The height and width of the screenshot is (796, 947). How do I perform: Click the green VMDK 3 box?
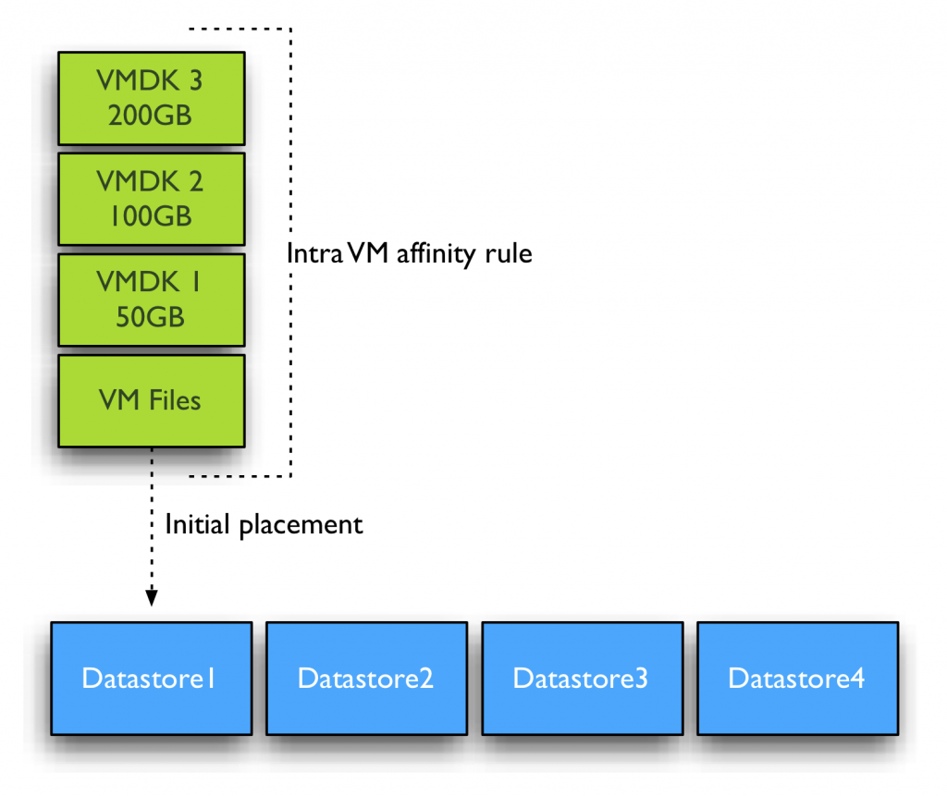coord(151,97)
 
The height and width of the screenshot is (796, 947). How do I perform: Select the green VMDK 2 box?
coord(151,199)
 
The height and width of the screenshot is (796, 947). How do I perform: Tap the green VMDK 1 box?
coord(151,300)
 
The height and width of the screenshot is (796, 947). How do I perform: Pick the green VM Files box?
coord(151,400)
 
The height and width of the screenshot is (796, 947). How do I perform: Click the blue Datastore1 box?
coord(151,678)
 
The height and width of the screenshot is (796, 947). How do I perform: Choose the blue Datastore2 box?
coord(366,678)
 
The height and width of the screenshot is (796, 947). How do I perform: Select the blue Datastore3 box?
coord(582,678)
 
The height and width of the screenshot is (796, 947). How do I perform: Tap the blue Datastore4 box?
coord(797,678)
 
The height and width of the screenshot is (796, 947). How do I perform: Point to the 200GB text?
coord(151,116)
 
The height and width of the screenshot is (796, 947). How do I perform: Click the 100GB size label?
coord(151,216)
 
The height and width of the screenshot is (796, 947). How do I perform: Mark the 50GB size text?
coord(151,317)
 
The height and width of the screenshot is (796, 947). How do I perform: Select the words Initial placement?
coord(264,525)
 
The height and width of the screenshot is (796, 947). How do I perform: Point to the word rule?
coord(510,253)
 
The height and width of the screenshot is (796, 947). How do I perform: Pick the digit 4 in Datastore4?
coord(857,678)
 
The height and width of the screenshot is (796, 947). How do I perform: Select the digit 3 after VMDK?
coord(194,80)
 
